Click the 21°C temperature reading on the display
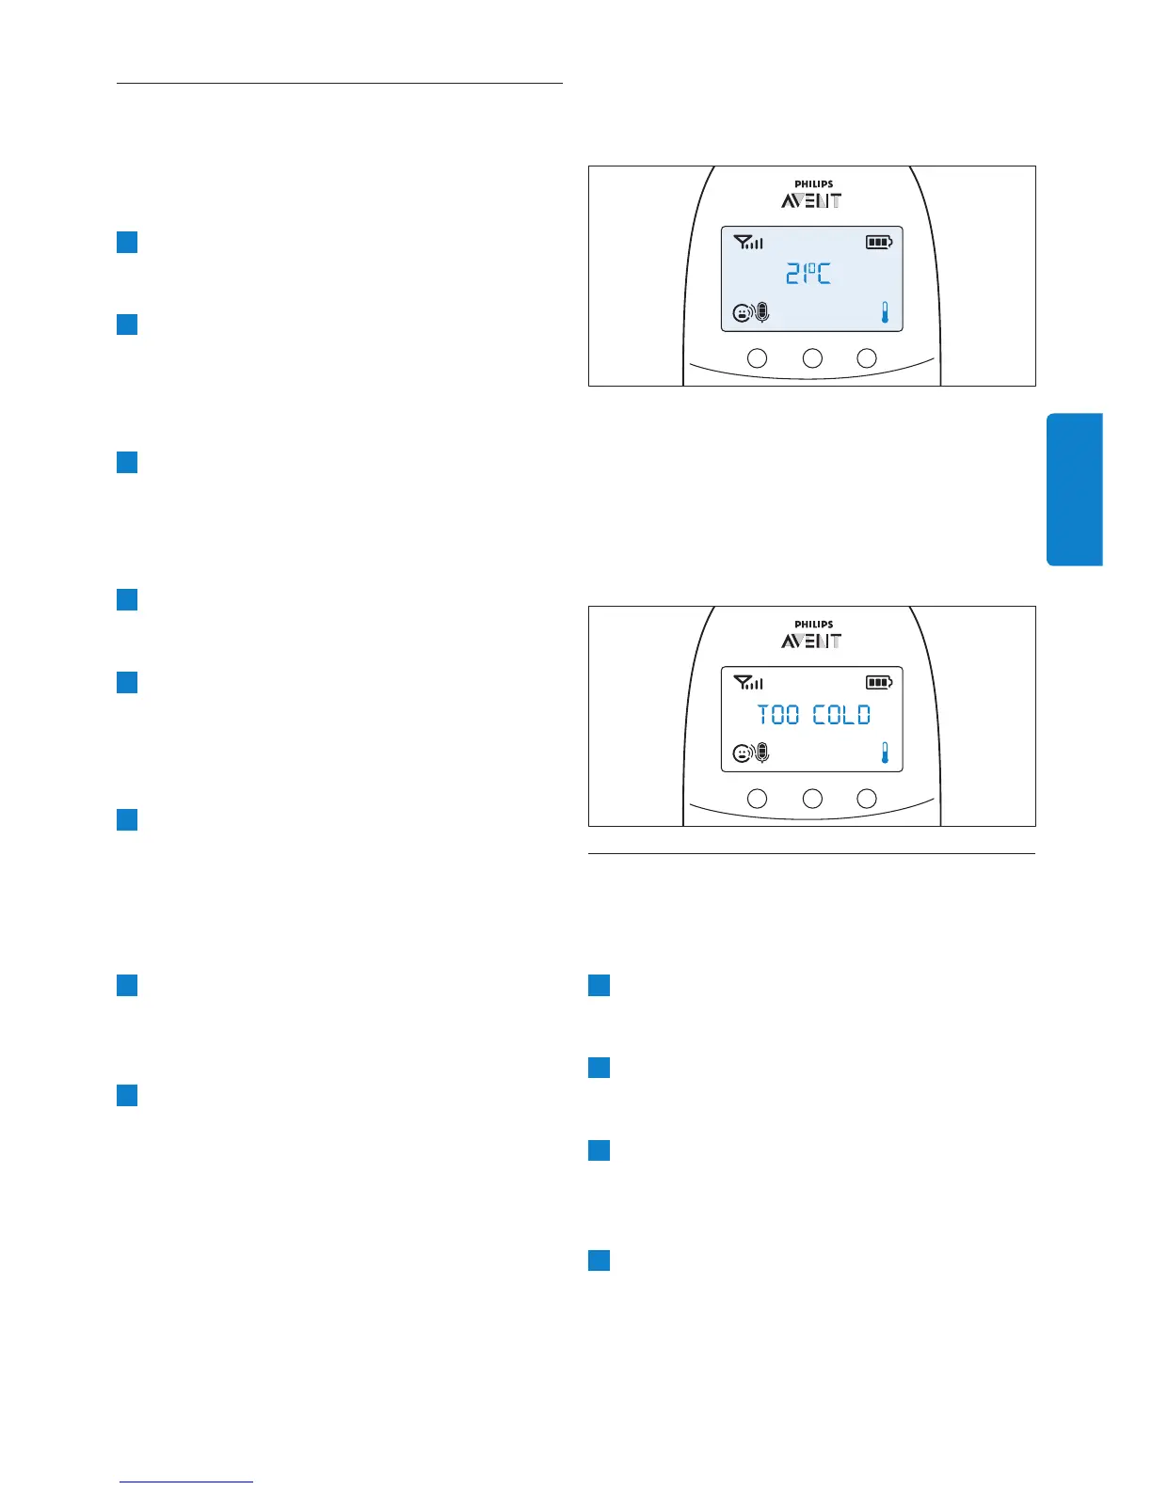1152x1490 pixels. click(808, 275)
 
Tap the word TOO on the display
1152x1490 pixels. click(778, 715)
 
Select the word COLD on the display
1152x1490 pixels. click(841, 715)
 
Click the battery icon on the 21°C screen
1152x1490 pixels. click(879, 243)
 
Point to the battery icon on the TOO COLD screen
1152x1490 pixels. click(879, 683)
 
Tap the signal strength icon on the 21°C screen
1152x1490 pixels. click(748, 243)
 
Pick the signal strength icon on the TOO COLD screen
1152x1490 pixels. click(748, 683)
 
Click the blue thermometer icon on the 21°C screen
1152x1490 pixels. click(885, 312)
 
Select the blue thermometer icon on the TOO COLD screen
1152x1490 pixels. click(885, 753)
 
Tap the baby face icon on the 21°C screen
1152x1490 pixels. click(743, 313)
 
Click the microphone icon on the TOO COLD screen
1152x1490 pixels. click(762, 753)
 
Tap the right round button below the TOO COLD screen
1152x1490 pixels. click(867, 799)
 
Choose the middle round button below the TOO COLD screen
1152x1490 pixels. click(812, 799)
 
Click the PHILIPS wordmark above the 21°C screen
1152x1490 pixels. click(813, 184)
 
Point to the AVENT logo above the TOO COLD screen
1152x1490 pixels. click(811, 641)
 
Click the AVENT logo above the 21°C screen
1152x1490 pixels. click(811, 200)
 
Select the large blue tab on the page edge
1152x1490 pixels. click(1074, 489)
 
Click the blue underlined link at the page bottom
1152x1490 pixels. click(186, 1481)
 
